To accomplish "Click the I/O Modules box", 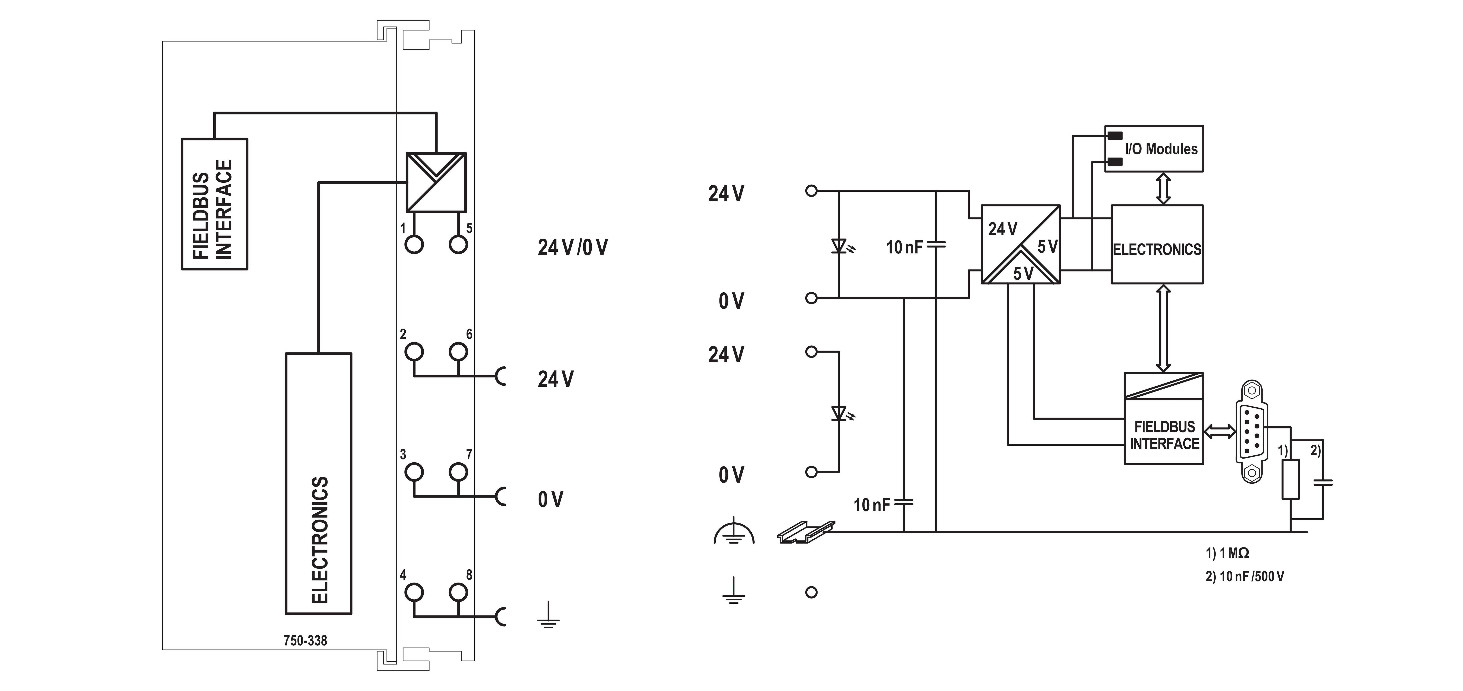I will pyautogui.click(x=1153, y=149).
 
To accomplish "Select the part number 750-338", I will pyautogui.click(x=305, y=641).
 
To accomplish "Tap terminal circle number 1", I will pyautogui.click(x=414, y=245).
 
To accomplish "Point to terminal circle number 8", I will pyautogui.click(x=458, y=592).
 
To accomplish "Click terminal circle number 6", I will pyautogui.click(x=458, y=351).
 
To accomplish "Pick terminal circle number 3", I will pyautogui.click(x=414, y=472).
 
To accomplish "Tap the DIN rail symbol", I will pyautogui.click(x=805, y=532).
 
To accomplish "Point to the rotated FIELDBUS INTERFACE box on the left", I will pyautogui.click(x=214, y=204).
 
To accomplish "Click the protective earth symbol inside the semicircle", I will pyautogui.click(x=734, y=533).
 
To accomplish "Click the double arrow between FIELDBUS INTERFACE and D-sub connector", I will pyautogui.click(x=1219, y=432).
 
